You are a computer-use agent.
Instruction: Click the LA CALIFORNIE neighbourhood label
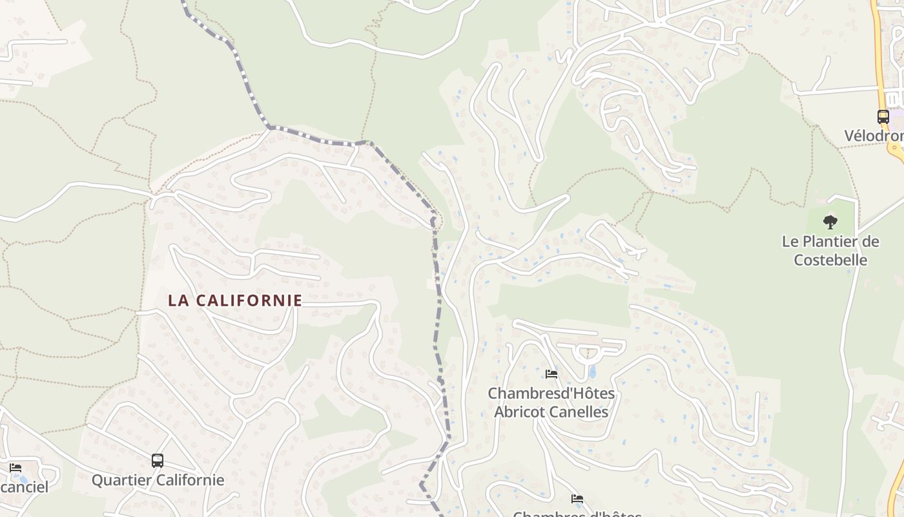tap(235, 301)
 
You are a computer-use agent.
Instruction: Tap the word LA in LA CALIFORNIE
tap(178, 301)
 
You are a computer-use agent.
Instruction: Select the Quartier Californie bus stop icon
tap(158, 461)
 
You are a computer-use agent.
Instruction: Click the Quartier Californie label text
tap(158, 480)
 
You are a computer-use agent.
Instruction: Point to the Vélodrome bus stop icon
tap(883, 117)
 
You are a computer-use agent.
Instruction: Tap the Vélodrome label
tap(874, 136)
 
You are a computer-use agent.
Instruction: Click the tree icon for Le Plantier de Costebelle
tap(830, 222)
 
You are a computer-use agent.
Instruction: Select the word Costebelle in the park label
tap(830, 260)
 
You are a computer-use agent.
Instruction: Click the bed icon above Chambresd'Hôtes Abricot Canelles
tap(551, 374)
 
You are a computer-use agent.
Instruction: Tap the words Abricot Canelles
tap(551, 412)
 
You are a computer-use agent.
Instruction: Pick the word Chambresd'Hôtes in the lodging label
tap(551, 393)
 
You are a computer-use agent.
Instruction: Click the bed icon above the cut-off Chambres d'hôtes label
tap(577, 499)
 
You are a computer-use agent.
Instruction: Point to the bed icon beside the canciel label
tap(15, 468)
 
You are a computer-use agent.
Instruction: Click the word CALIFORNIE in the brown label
tap(249, 301)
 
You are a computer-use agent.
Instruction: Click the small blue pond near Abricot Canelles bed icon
tap(592, 372)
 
